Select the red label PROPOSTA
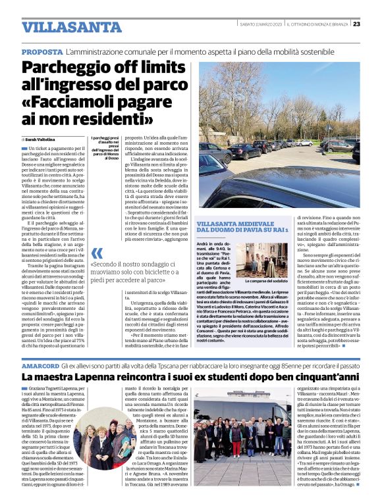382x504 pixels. tap(42, 51)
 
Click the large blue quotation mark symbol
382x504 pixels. tap(97, 253)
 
